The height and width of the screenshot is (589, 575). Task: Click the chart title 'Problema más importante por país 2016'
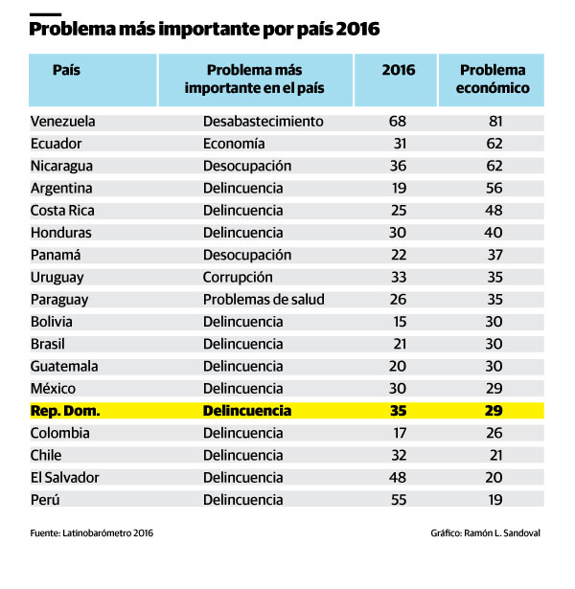tap(204, 30)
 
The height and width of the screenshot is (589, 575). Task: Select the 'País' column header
tap(66, 71)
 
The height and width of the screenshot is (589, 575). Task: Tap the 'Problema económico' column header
tap(493, 79)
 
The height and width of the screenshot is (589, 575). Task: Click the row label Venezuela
tap(63, 122)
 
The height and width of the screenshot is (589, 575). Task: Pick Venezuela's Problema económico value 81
tap(494, 122)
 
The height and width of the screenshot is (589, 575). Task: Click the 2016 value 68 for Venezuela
tap(398, 122)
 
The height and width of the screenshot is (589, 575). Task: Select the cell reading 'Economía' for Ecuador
tap(234, 144)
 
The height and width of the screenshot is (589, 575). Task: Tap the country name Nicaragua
tap(62, 166)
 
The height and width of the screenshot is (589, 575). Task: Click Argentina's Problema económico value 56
tap(494, 188)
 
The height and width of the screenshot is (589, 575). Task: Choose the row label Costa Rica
tap(61, 211)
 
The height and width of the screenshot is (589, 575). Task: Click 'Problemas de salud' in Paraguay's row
tap(264, 299)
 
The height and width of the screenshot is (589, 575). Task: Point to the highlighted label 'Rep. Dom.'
tap(65, 411)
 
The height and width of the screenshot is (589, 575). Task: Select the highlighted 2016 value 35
tap(398, 411)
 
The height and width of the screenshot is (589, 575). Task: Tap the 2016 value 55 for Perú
tap(398, 499)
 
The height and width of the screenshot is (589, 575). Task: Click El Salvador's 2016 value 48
tap(398, 477)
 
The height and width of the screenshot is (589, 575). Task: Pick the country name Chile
tap(46, 455)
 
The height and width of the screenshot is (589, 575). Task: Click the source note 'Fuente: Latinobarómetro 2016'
tap(91, 532)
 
